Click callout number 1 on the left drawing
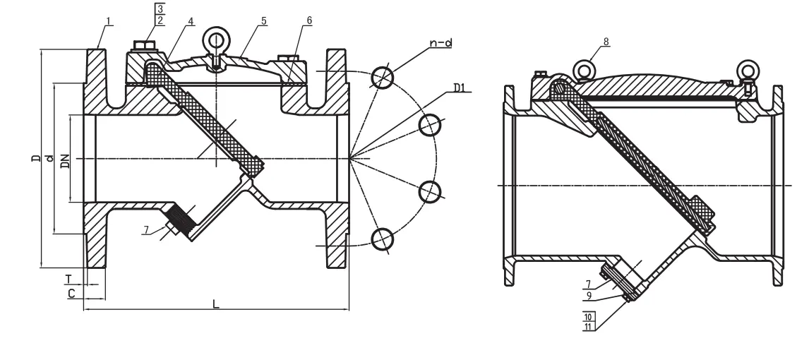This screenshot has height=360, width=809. [109, 20]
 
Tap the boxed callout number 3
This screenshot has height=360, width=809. [160, 9]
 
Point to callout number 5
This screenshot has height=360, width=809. [263, 20]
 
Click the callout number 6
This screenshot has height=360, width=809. [308, 20]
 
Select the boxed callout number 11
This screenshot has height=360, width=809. [588, 326]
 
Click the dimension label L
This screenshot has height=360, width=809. [216, 304]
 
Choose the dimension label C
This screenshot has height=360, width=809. [72, 292]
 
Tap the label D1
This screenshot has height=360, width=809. [460, 88]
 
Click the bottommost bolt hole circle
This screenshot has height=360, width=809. [383, 240]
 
